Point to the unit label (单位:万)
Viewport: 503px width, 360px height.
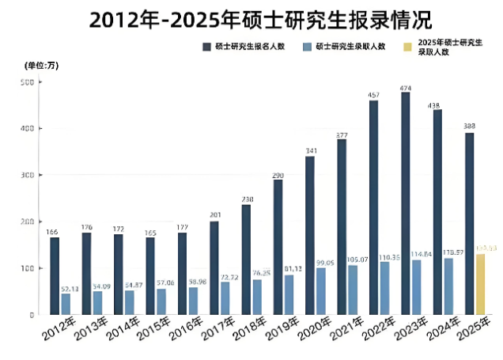(41, 64)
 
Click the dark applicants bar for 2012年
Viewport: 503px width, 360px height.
(55, 275)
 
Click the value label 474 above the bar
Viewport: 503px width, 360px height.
(405, 87)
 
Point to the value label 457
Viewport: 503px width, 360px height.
(373, 95)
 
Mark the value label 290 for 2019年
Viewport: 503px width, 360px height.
(278, 174)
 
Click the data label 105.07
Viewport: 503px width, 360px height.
(353, 259)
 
